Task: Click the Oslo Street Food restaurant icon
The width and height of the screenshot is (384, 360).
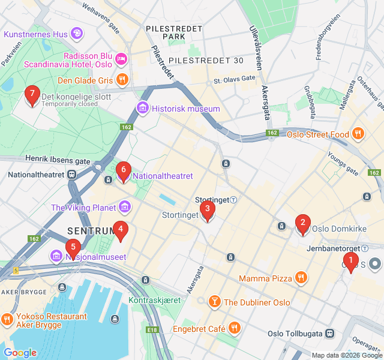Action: pyautogui.click(x=358, y=134)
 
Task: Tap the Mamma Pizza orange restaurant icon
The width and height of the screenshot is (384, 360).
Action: pyautogui.click(x=301, y=278)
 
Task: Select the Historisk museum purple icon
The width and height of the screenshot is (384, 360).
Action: pyautogui.click(x=143, y=109)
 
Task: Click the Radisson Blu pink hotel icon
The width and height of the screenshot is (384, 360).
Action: pyautogui.click(x=121, y=59)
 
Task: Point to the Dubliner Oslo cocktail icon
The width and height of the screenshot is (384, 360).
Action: pyautogui.click(x=214, y=302)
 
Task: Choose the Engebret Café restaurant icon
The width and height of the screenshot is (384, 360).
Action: pyautogui.click(x=235, y=328)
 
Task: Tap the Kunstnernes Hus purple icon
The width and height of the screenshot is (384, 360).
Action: pyautogui.click(x=77, y=34)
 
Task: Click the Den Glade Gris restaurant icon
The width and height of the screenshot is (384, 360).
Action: pyautogui.click(x=122, y=80)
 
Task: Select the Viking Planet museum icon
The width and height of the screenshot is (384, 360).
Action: pyautogui.click(x=125, y=208)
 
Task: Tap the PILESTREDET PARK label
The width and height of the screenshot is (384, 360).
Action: pyautogui.click(x=166, y=32)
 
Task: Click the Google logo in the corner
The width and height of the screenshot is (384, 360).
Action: pyautogui.click(x=20, y=353)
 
